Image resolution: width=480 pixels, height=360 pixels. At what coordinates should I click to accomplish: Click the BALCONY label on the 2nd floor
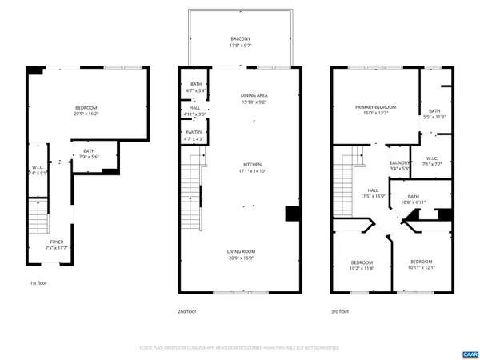[241, 39]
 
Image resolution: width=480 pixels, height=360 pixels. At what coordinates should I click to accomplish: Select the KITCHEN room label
[252, 165]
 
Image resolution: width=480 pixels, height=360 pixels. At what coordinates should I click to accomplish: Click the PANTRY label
[194, 133]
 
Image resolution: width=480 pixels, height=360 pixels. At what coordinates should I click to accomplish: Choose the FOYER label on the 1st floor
[57, 242]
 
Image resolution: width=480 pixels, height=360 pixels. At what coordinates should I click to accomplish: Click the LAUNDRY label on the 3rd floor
[400, 162]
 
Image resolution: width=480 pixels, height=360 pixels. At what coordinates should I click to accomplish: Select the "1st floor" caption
[39, 283]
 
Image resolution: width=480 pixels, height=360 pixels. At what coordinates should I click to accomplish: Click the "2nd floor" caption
[187, 311]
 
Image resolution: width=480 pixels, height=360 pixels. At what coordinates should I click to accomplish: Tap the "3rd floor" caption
[340, 311]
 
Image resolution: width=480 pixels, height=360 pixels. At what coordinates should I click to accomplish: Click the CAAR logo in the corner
[469, 352]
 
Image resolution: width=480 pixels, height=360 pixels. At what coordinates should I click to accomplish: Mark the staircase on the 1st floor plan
[38, 216]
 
